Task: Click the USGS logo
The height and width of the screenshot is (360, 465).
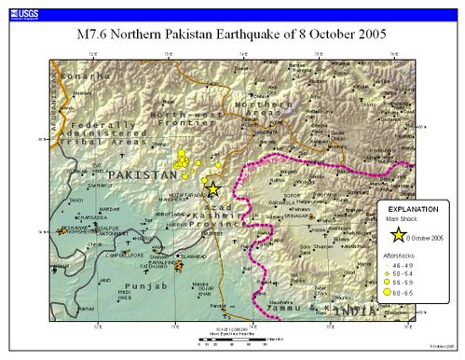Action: pyautogui.click(x=20, y=7)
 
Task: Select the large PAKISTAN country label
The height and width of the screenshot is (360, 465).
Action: pyautogui.click(x=141, y=174)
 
